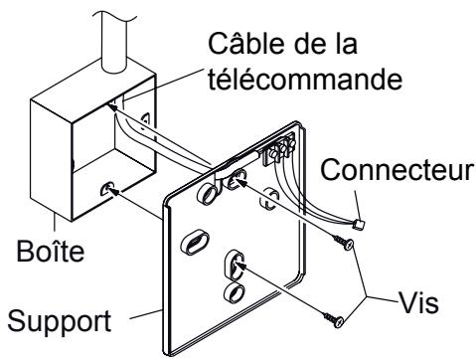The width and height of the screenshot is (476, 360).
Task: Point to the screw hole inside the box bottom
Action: coord(105,185)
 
